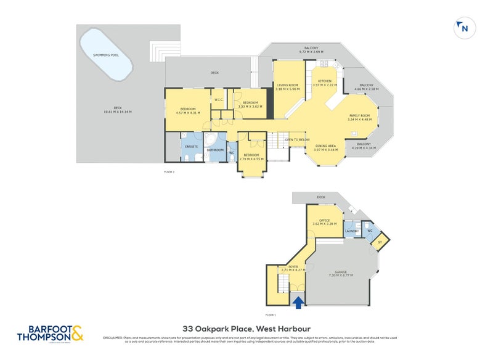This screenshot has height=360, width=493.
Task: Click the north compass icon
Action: tap(463, 28)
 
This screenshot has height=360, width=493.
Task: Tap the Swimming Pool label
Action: tap(106, 55)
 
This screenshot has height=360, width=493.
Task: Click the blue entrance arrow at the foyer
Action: tap(298, 302)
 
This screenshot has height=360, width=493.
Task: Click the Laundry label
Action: tap(352, 232)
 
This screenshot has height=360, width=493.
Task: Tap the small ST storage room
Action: tap(380, 242)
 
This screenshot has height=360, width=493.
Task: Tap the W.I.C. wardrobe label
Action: tap(218, 99)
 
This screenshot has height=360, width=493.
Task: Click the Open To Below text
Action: tap(297, 140)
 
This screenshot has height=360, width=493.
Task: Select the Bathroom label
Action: tap(215, 150)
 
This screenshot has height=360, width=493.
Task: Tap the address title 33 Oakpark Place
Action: tap(246, 329)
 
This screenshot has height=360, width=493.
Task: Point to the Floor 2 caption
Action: tap(169, 172)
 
